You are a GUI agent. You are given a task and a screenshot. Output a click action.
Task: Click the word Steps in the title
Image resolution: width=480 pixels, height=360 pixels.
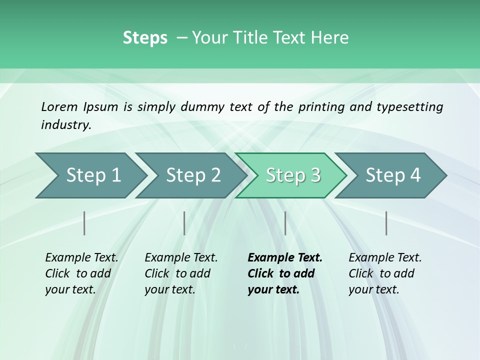click(145, 38)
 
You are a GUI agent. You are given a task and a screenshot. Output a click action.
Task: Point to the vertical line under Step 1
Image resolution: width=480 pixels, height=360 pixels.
click(84, 223)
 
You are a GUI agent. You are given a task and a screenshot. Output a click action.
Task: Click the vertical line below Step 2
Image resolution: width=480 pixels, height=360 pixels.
click(184, 223)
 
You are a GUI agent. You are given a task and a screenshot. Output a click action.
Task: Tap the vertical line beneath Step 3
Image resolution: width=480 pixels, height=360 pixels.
click(285, 223)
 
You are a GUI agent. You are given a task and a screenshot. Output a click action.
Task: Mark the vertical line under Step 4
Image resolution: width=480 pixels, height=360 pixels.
click(386, 223)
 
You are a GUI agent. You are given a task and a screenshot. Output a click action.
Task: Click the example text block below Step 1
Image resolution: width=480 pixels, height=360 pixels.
click(81, 273)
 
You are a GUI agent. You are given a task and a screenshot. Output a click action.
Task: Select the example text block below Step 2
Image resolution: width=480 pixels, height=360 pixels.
click(180, 273)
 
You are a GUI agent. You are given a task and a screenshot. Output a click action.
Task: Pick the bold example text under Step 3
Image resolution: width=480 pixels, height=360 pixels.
click(284, 273)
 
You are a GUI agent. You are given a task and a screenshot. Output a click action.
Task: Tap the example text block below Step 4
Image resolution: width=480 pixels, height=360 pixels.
click(384, 273)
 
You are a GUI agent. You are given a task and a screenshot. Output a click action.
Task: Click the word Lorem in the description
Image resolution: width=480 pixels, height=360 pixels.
click(59, 106)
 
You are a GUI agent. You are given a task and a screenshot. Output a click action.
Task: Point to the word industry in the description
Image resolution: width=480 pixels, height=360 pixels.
click(66, 125)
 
